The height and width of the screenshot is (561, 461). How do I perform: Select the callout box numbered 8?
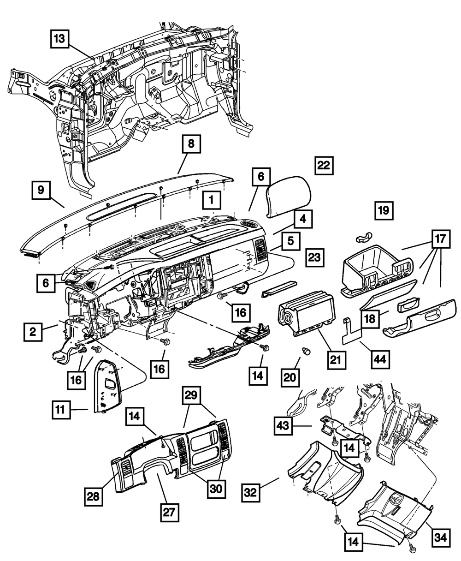(191, 144)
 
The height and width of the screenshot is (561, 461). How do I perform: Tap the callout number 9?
(41, 190)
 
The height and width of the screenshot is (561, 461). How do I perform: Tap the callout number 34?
(442, 537)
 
